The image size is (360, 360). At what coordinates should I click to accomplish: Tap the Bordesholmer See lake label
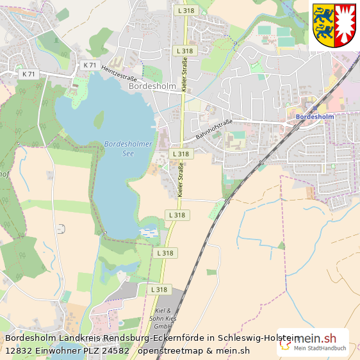(128, 149)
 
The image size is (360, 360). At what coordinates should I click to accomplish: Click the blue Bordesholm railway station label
(315, 117)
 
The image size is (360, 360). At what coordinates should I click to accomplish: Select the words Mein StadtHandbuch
(320, 348)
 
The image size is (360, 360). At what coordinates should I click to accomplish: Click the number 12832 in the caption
(18, 350)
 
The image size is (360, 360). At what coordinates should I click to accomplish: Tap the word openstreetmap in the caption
(169, 350)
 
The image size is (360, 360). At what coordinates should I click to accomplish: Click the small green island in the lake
(99, 120)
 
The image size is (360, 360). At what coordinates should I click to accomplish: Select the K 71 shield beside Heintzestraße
(90, 65)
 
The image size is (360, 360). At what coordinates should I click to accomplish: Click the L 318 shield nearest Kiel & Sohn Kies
(159, 290)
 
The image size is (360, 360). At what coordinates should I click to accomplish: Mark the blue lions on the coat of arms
(323, 24)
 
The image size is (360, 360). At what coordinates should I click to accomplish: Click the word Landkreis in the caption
(79, 338)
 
